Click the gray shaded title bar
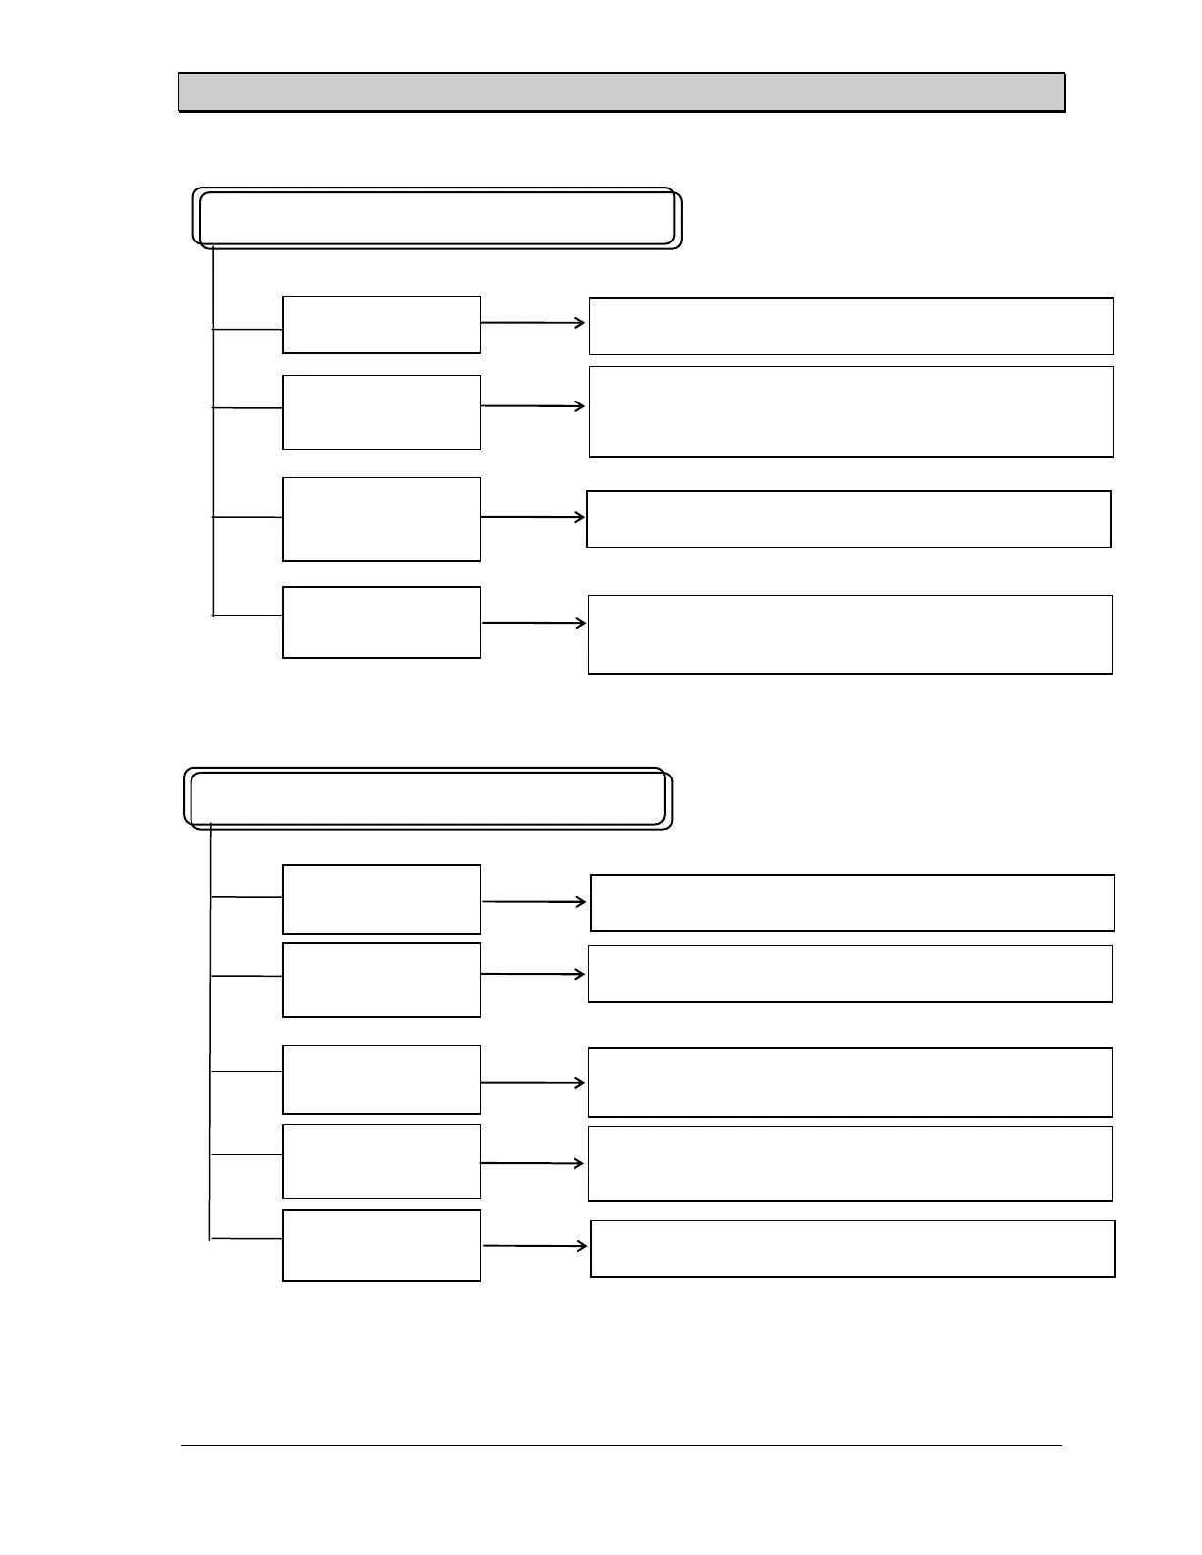621,92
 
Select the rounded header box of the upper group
437,218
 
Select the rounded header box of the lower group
428,798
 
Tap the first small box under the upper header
381,325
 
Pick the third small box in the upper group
381,519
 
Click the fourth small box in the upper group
381,622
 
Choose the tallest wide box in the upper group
850,412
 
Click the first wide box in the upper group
850,327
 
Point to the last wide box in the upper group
849,635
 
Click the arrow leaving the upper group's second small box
533,406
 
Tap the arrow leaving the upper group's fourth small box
534,623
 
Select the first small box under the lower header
381,899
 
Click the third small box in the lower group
381,1080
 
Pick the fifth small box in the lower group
381,1246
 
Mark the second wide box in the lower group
849,974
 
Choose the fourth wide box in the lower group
849,1163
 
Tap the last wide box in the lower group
852,1249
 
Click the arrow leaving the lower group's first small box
534,901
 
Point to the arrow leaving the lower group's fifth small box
535,1246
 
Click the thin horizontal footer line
621,1445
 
